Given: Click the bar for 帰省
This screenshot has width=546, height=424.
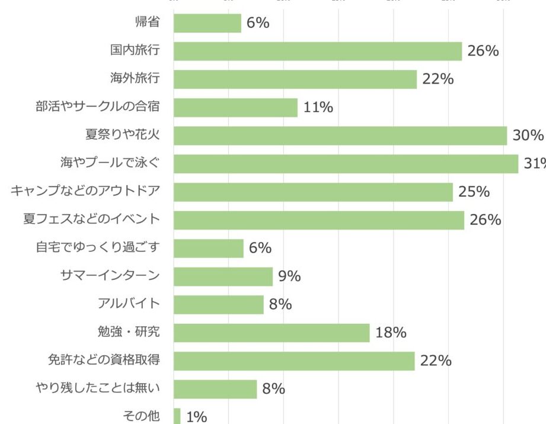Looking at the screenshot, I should click(x=207, y=23).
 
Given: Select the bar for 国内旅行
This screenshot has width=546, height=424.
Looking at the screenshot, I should click(x=318, y=51).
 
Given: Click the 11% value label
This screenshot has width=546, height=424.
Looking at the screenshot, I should click(x=318, y=107).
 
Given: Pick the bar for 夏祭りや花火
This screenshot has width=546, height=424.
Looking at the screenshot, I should click(x=340, y=135).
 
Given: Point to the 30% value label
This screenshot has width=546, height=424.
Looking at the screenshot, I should click(x=528, y=135).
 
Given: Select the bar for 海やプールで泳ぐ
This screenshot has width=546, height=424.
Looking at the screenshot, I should click(x=346, y=164).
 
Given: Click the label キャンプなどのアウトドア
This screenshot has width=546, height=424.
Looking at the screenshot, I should click(x=85, y=192).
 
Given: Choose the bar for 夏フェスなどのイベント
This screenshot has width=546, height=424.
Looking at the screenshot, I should click(x=319, y=220).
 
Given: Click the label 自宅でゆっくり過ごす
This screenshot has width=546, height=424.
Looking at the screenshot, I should click(x=98, y=248).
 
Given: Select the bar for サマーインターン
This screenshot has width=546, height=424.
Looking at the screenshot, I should click(x=223, y=276).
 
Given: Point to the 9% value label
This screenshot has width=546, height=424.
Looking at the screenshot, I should click(x=290, y=276).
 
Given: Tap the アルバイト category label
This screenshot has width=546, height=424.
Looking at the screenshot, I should click(x=129, y=304).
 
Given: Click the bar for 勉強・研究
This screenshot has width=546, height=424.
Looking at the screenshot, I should click(x=272, y=333).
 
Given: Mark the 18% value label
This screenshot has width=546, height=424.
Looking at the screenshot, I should click(x=391, y=333).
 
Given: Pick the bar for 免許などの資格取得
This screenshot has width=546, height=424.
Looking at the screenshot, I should click(x=294, y=361).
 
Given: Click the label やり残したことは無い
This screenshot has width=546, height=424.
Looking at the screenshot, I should click(x=98, y=389).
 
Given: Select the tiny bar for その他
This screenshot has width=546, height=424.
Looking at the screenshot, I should click(x=177, y=416).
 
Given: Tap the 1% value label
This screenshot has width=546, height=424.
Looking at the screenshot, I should click(x=196, y=417).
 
